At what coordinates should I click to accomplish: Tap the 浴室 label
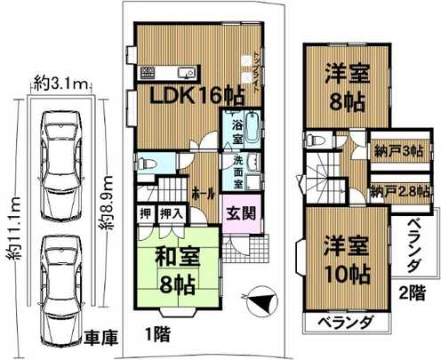pos(237,132)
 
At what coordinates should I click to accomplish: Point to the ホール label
pos(199,190)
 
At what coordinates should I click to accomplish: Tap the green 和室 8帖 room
pos(177,270)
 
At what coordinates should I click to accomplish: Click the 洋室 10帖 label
pos(337,258)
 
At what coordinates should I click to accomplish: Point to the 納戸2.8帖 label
pos(398,190)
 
